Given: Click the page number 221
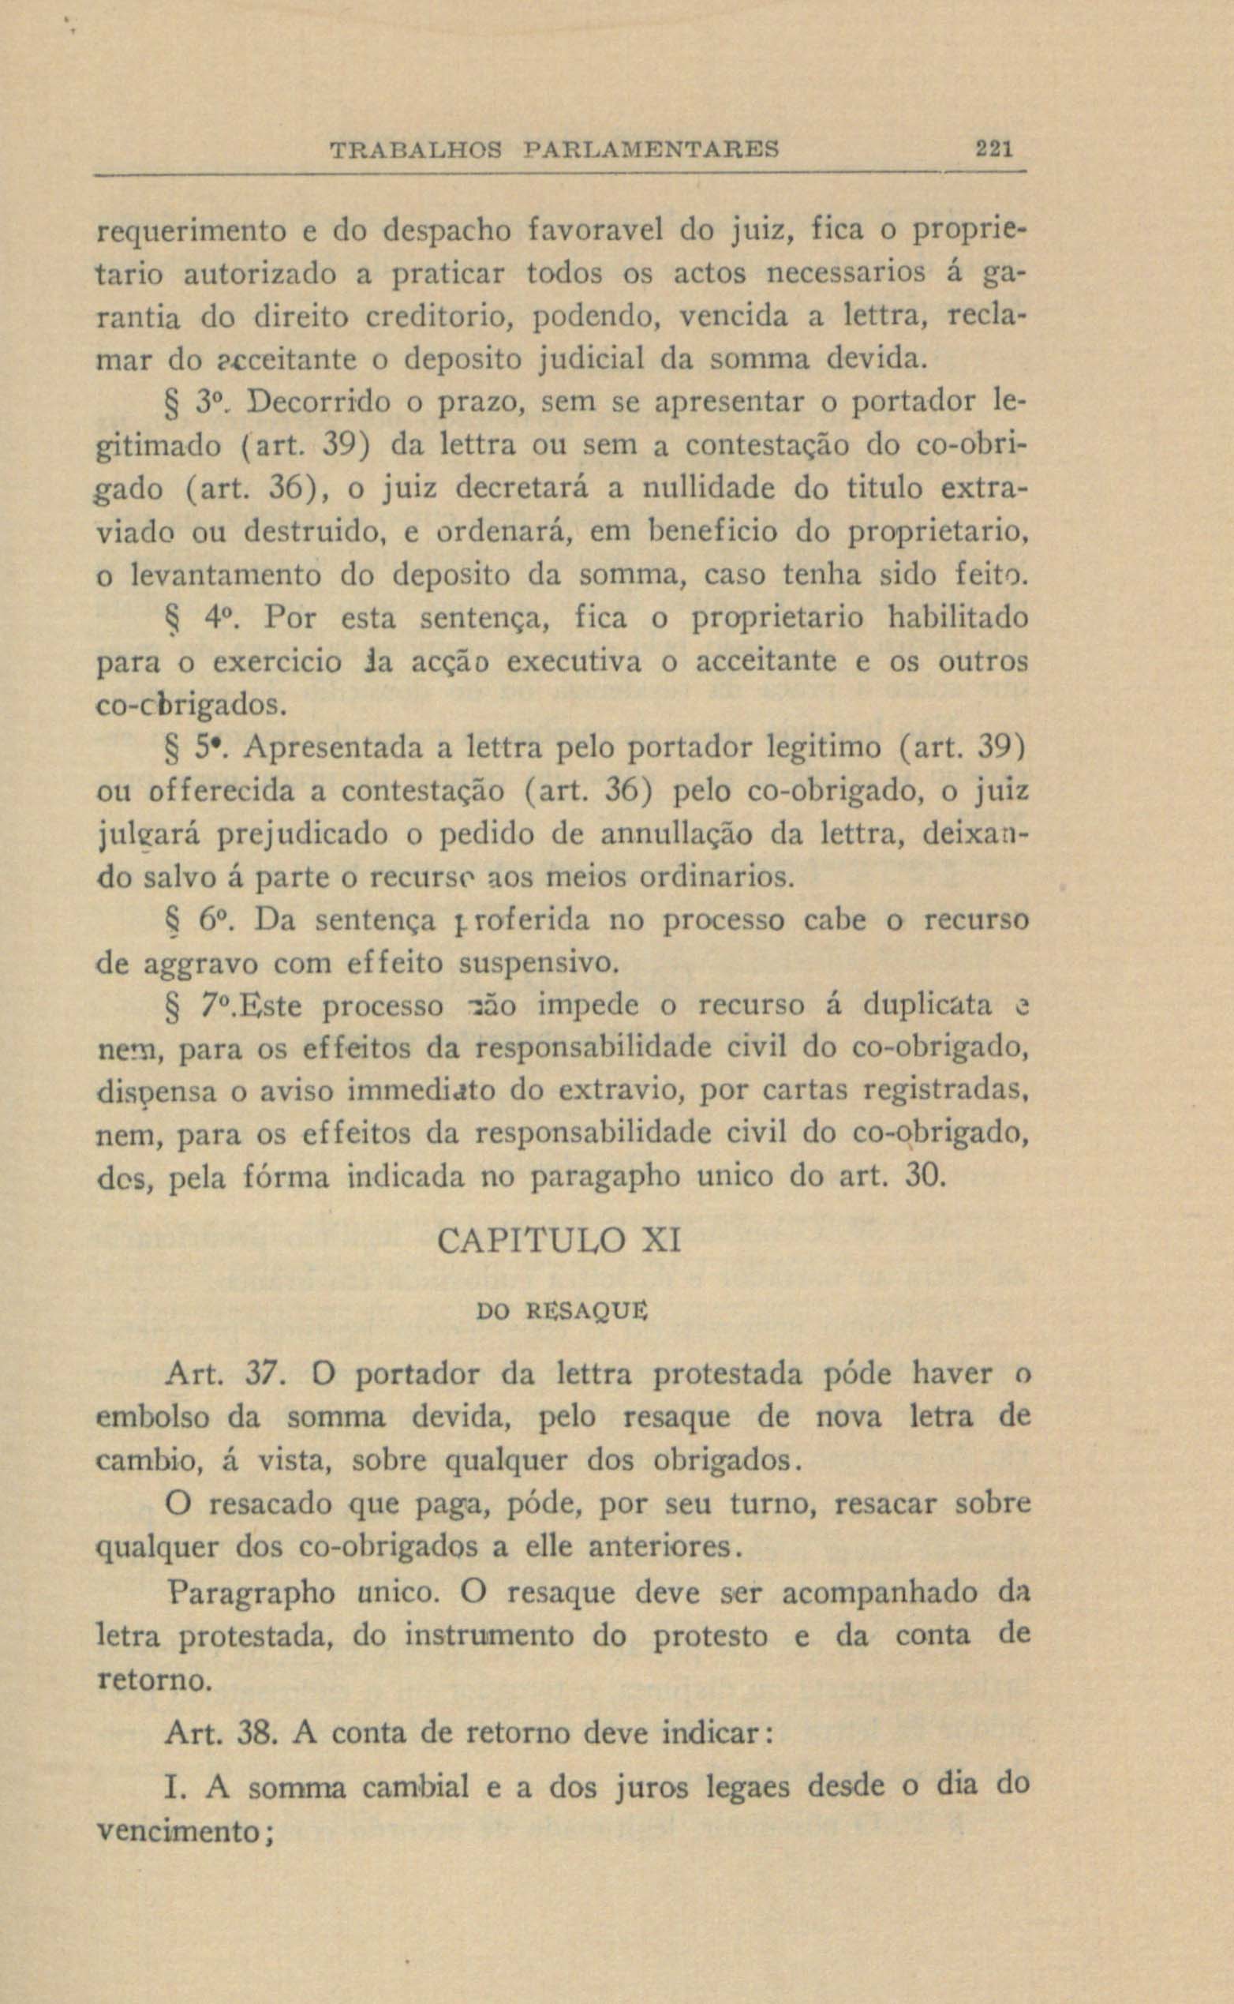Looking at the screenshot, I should [x=993, y=150].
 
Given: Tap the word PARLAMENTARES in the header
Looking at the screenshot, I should [x=650, y=150].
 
